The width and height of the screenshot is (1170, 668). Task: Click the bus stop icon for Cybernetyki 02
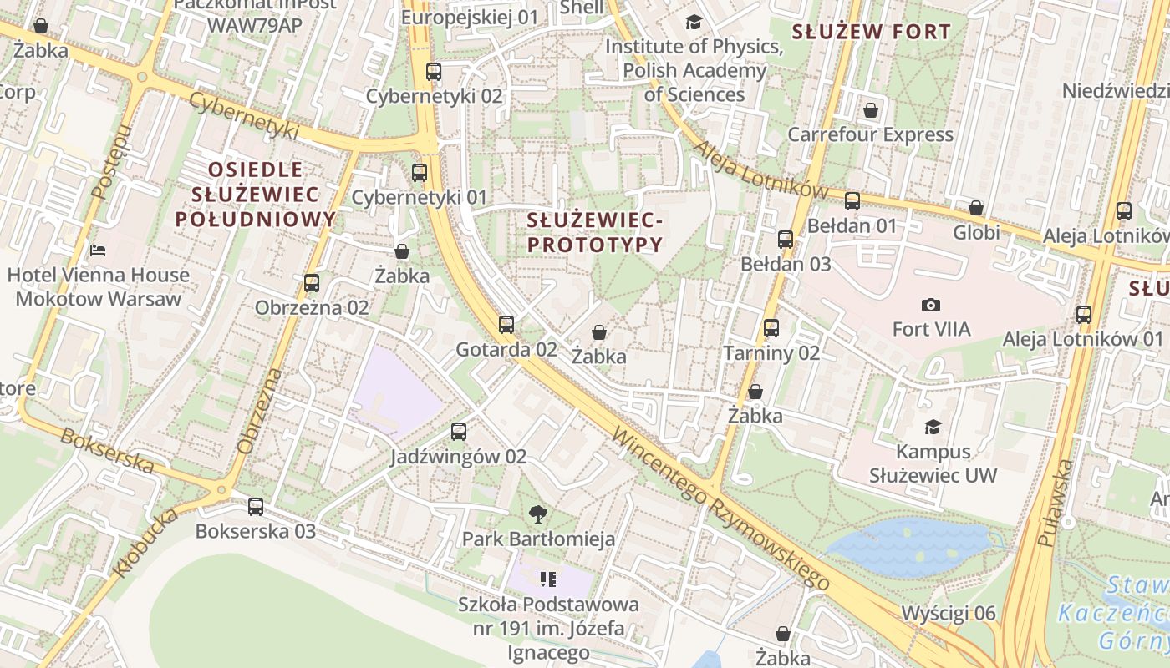(x=433, y=72)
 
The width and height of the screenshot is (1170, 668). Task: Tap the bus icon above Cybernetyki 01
(x=420, y=173)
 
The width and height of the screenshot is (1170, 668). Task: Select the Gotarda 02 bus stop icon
(x=506, y=325)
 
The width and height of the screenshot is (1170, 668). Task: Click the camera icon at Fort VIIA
(x=931, y=305)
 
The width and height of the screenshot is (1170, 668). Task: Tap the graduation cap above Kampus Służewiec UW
(x=933, y=428)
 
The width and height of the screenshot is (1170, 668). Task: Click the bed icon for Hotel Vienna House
(x=98, y=250)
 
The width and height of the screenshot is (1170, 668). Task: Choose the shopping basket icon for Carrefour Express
(x=871, y=110)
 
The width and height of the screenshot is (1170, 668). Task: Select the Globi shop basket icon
(x=976, y=208)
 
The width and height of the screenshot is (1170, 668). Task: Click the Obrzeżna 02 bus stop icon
(x=312, y=283)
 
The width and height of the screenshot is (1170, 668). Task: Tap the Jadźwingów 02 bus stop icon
(x=459, y=432)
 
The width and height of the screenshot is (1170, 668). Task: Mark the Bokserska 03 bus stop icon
(x=256, y=506)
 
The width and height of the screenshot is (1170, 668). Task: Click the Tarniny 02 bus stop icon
(x=771, y=328)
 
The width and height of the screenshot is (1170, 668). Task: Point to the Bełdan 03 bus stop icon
(x=786, y=240)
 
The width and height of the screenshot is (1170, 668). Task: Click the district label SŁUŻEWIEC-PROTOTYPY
(x=595, y=233)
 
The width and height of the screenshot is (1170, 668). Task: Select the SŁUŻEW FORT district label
(x=871, y=33)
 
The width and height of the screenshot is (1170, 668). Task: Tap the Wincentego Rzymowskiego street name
(x=720, y=509)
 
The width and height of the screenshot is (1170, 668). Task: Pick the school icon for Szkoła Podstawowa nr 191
(x=548, y=579)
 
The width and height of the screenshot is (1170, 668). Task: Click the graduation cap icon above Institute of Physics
(x=694, y=22)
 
